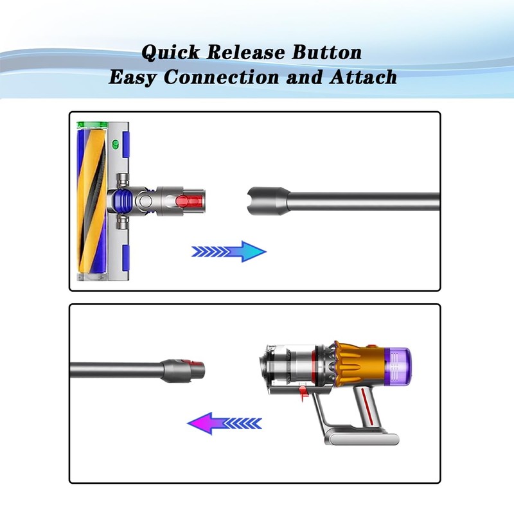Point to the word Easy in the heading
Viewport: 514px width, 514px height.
click(133, 78)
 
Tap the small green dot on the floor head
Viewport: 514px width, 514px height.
click(116, 144)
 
